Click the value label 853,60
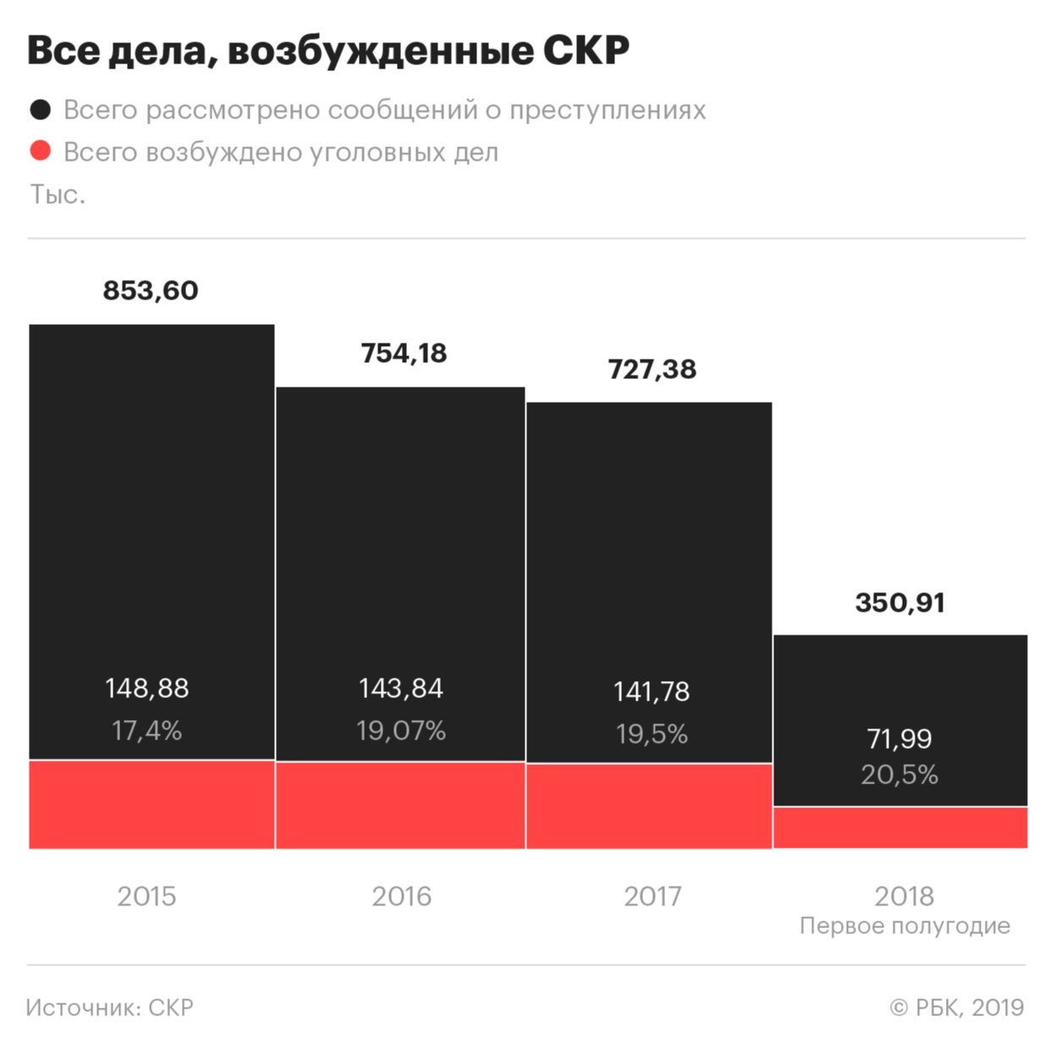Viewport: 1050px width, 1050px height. tap(151, 290)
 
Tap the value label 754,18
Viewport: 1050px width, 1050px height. tap(404, 353)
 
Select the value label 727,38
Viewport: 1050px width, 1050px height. tap(651, 369)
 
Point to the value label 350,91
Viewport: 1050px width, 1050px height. tap(899, 602)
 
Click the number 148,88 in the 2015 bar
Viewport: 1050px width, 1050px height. tap(147, 688)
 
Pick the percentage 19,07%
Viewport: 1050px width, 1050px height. tap(401, 730)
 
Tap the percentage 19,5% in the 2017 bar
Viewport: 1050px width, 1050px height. tap(651, 734)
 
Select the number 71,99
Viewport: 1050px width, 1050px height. tap(899, 739)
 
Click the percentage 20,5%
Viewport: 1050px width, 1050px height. tap(899, 774)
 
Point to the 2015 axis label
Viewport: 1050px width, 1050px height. tap(147, 896)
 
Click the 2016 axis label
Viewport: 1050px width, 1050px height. tap(401, 896)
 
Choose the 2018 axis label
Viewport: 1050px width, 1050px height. tap(904, 896)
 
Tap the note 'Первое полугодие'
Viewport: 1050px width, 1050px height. tap(904, 926)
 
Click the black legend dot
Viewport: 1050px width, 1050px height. tap(41, 109)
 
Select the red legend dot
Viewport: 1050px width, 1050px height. tap(41, 151)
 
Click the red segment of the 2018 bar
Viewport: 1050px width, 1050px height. tap(900, 827)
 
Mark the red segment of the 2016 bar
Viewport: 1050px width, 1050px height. tap(400, 805)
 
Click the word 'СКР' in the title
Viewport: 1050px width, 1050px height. tap(585, 51)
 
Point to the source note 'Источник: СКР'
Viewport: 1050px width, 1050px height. tap(110, 1008)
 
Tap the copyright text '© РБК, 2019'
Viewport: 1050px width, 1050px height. tap(957, 1008)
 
